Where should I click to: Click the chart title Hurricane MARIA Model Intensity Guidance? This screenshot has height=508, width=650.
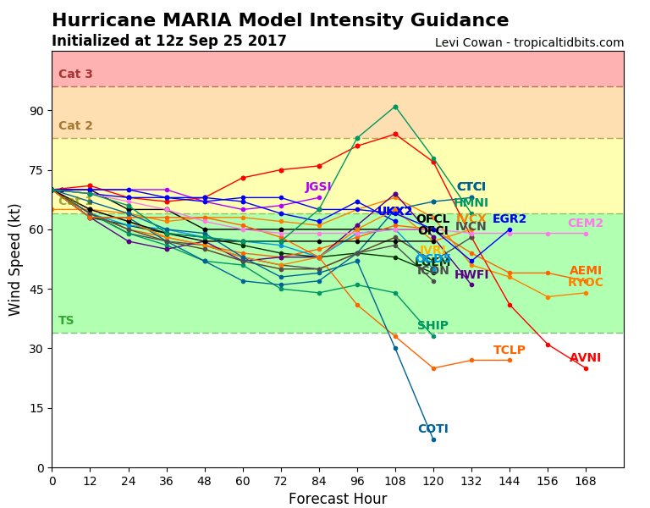(280, 20)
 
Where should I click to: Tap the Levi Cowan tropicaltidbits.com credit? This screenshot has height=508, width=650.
(529, 42)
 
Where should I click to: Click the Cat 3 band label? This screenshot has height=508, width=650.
(75, 74)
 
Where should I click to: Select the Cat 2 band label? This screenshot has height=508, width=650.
(75, 125)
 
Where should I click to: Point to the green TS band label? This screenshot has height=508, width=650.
(66, 320)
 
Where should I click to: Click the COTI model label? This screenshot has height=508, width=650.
(432, 428)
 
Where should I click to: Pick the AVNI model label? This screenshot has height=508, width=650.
(585, 358)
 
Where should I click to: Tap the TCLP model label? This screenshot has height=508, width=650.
(509, 350)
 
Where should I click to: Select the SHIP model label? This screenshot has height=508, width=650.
(432, 325)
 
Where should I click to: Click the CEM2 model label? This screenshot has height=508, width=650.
(585, 223)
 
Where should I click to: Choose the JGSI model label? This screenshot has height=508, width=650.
(317, 186)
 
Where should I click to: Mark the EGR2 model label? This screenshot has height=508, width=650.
(509, 218)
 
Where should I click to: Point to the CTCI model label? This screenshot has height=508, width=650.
(471, 186)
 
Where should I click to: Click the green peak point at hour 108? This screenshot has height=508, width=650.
(395, 107)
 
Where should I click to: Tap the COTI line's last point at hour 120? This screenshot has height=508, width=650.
(433, 439)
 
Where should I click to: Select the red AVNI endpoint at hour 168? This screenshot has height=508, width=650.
(586, 368)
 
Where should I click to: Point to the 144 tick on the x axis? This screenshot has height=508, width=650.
(510, 481)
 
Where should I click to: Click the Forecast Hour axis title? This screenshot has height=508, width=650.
(338, 499)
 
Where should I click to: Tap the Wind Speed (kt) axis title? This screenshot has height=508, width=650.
(16, 259)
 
